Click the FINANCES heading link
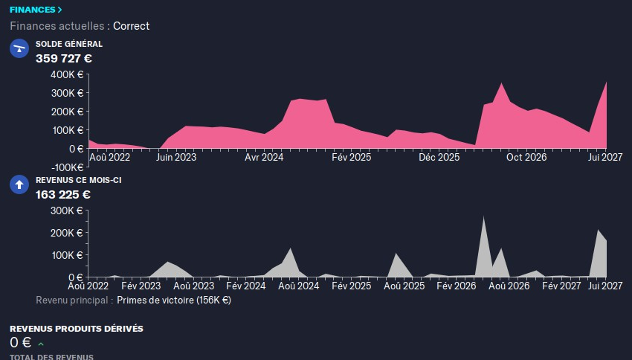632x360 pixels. [36, 10]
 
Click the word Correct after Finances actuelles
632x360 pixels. [131, 26]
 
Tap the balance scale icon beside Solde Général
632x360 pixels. [19, 49]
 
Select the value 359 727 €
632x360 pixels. [64, 58]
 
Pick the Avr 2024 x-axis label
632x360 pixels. [264, 158]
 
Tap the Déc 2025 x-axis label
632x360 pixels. [439, 158]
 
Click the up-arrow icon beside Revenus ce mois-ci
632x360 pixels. [19, 185]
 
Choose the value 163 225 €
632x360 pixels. [63, 195]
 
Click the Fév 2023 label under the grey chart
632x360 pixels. [141, 286]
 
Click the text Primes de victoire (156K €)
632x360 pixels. [174, 300]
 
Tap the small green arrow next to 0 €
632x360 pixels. [41, 344]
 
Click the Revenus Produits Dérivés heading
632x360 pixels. [76, 328]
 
